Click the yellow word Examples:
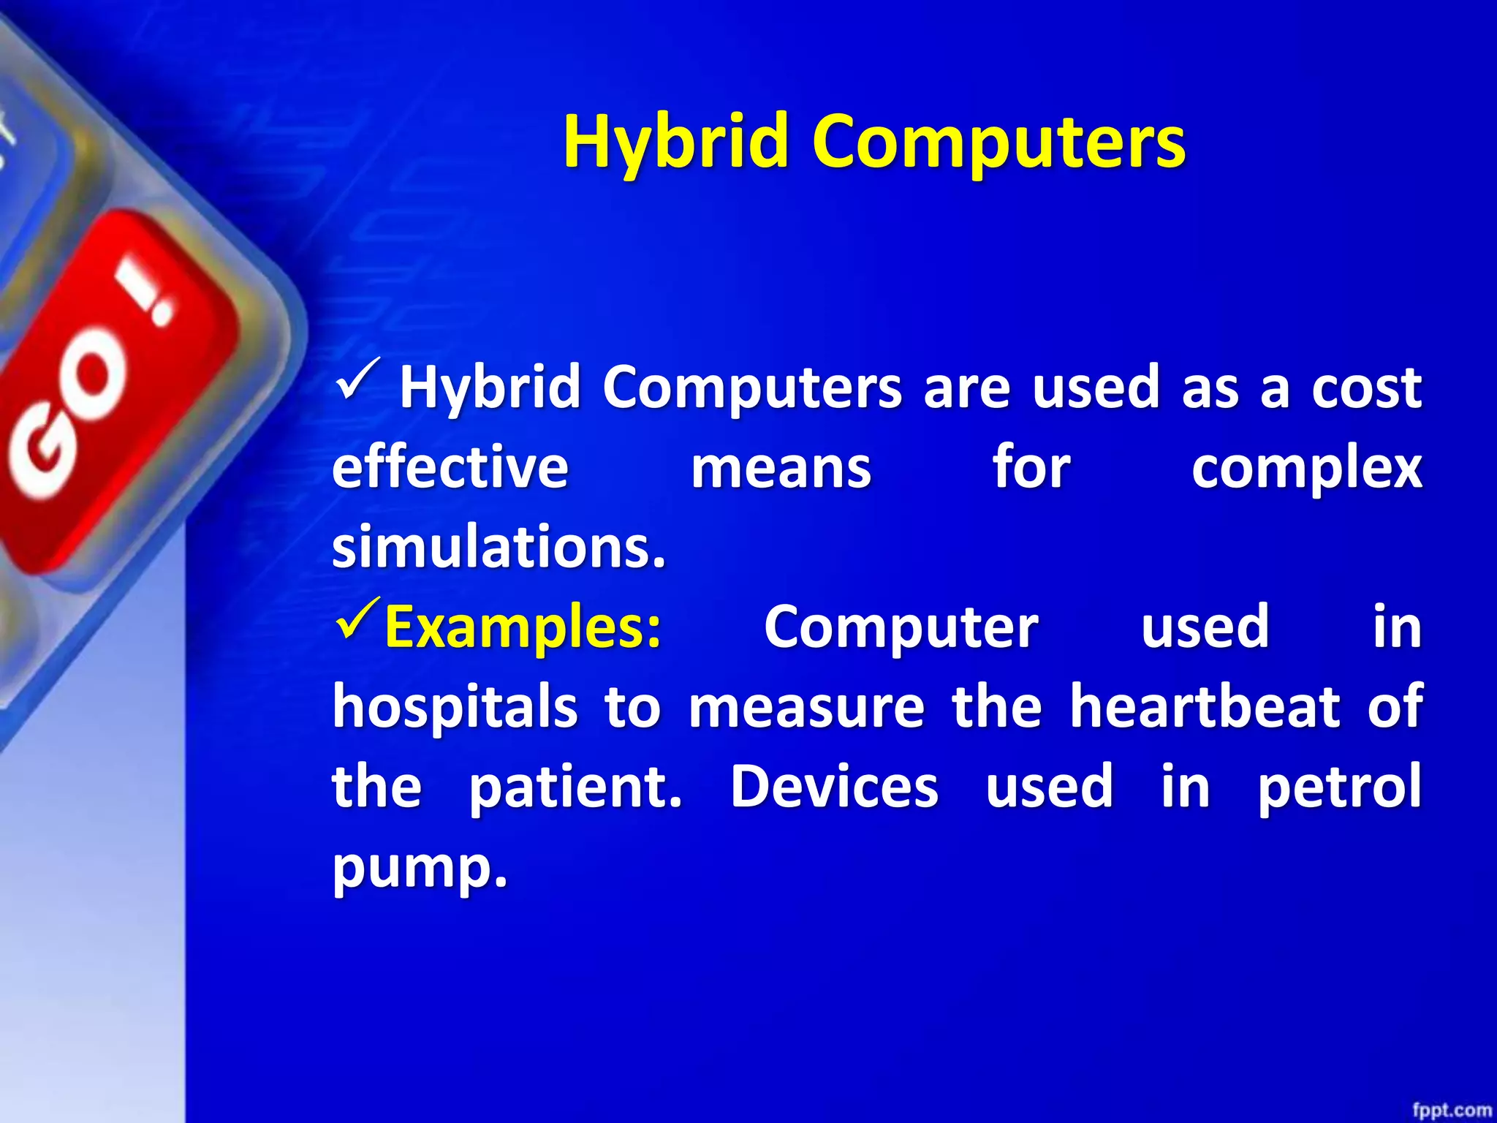523,627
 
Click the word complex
1306,469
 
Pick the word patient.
575,787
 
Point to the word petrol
1339,787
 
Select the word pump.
419,869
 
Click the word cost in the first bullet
1366,387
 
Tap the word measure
806,708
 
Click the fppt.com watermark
1451,1110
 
